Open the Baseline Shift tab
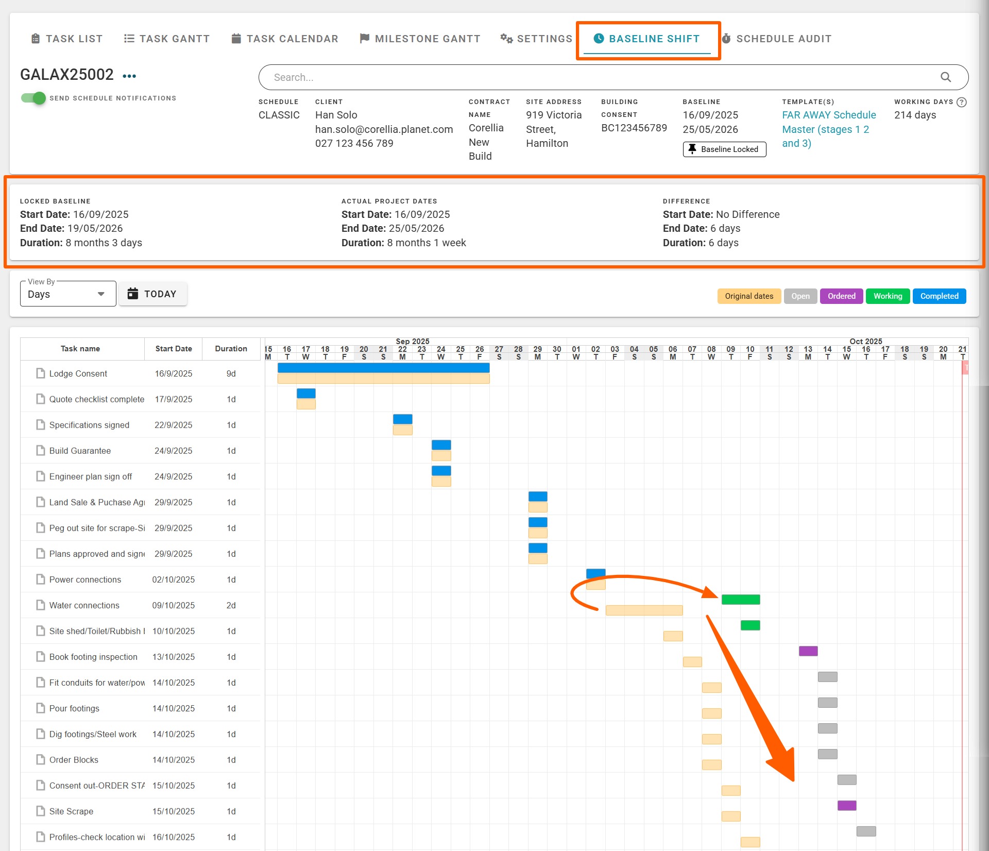[647, 39]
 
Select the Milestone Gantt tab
[420, 39]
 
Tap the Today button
[152, 294]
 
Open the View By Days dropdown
[67, 294]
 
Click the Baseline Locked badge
[724, 149]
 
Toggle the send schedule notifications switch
[33, 98]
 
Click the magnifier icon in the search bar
[946, 77]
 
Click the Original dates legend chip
[749, 296]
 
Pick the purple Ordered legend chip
[841, 296]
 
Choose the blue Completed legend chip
[939, 296]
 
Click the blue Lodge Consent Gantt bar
[383, 368]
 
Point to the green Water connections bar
[741, 600]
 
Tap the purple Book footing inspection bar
[808, 651]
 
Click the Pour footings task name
[74, 708]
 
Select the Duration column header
[231, 349]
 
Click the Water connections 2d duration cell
[231, 605]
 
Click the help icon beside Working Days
[961, 102]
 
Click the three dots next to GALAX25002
[129, 76]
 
